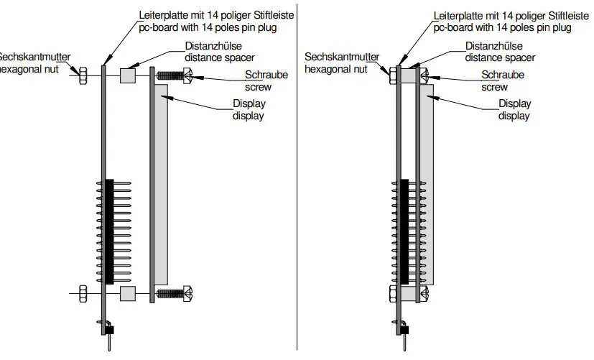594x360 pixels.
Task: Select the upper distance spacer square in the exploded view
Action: pyautogui.click(x=128, y=74)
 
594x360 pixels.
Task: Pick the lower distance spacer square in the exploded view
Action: pyautogui.click(x=128, y=292)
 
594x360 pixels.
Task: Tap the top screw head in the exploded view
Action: pyautogui.click(x=188, y=74)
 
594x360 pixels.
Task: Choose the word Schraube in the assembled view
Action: pyautogui.click(x=502, y=75)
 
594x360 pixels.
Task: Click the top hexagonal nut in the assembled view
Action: pyautogui.click(x=392, y=75)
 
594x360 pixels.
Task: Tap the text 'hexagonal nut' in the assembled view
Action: pyautogui.click(x=336, y=69)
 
